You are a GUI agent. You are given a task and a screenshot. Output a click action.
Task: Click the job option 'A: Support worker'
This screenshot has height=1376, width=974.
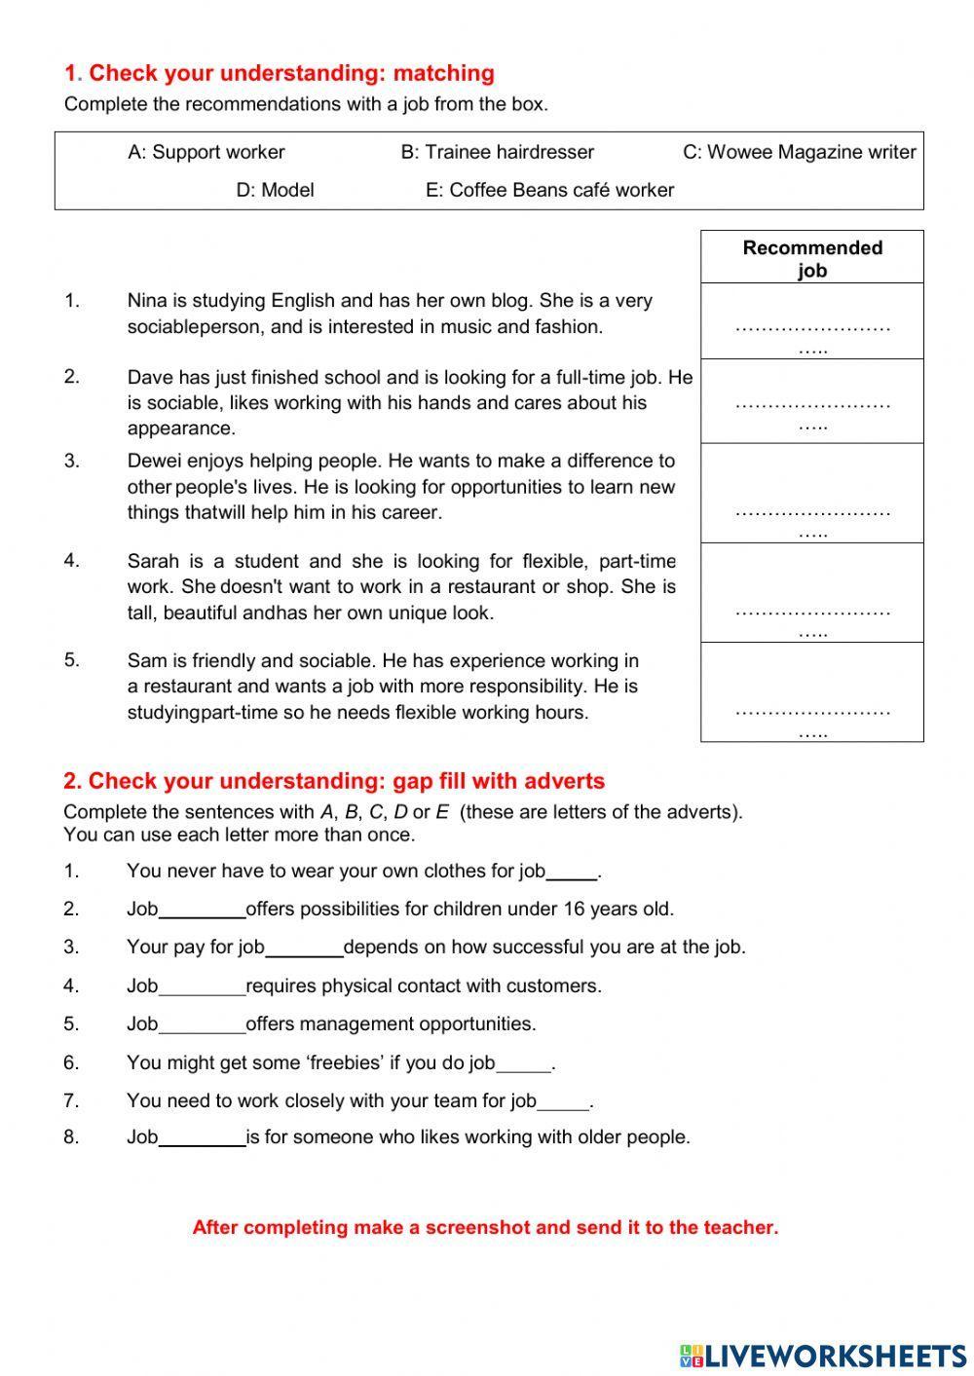(206, 152)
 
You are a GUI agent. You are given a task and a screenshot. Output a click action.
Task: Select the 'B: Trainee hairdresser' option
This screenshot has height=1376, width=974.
(497, 152)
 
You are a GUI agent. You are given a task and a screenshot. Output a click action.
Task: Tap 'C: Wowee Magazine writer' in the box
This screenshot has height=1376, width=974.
(799, 152)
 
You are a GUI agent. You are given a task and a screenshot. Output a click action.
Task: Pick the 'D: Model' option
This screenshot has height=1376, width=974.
(275, 190)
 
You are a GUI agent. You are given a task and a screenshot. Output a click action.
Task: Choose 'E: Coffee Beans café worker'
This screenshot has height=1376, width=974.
(549, 190)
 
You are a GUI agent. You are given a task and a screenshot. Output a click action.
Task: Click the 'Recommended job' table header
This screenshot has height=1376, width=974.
(812, 258)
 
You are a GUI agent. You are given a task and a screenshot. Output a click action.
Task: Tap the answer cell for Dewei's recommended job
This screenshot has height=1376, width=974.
(812, 515)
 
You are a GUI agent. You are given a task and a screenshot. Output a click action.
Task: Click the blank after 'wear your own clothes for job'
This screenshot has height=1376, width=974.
(572, 873)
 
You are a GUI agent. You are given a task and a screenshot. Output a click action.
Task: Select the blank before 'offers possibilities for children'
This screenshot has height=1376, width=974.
(202, 911)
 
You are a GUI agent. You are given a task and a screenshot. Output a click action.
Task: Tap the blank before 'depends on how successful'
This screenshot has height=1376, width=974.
(304, 948)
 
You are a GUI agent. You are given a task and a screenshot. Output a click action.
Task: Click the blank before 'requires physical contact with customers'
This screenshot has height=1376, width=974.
(202, 987)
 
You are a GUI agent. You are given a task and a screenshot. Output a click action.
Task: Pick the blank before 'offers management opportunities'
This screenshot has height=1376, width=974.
(202, 1025)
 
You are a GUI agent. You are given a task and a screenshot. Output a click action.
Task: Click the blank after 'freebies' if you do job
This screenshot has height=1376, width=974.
(524, 1064)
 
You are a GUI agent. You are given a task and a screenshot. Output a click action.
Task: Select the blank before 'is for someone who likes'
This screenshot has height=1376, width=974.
(202, 1138)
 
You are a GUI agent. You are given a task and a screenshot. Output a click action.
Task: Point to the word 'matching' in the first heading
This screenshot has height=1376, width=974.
(443, 73)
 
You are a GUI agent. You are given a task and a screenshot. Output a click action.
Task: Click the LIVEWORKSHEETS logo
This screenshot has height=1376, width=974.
(823, 1355)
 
